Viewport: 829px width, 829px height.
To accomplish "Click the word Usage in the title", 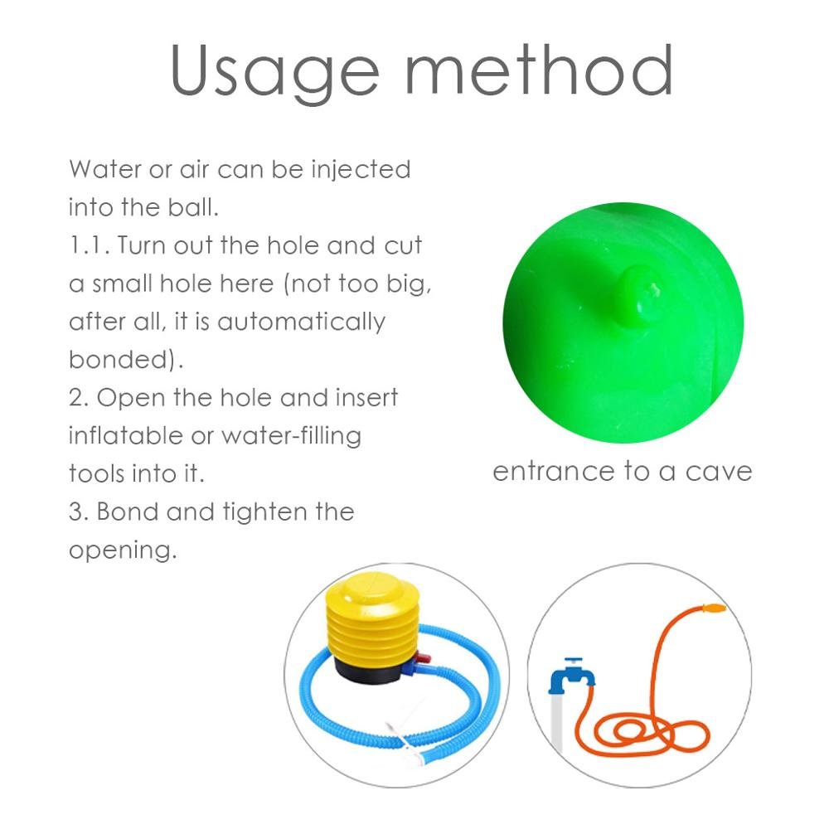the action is click(x=275, y=71).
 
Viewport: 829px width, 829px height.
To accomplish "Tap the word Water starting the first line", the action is click(x=105, y=169).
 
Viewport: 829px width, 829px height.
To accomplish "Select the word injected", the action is click(x=361, y=170).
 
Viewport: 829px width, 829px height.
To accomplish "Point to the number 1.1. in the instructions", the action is click(x=90, y=245).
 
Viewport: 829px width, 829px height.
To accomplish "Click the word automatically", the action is click(x=302, y=322).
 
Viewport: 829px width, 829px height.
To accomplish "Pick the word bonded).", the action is click(x=126, y=360).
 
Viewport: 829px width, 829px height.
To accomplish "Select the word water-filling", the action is click(x=291, y=437).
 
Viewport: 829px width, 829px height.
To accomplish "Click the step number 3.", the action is click(x=79, y=511).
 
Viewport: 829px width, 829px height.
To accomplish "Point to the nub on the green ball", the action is click(x=640, y=293).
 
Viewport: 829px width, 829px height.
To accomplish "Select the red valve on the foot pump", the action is click(x=423, y=659).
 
